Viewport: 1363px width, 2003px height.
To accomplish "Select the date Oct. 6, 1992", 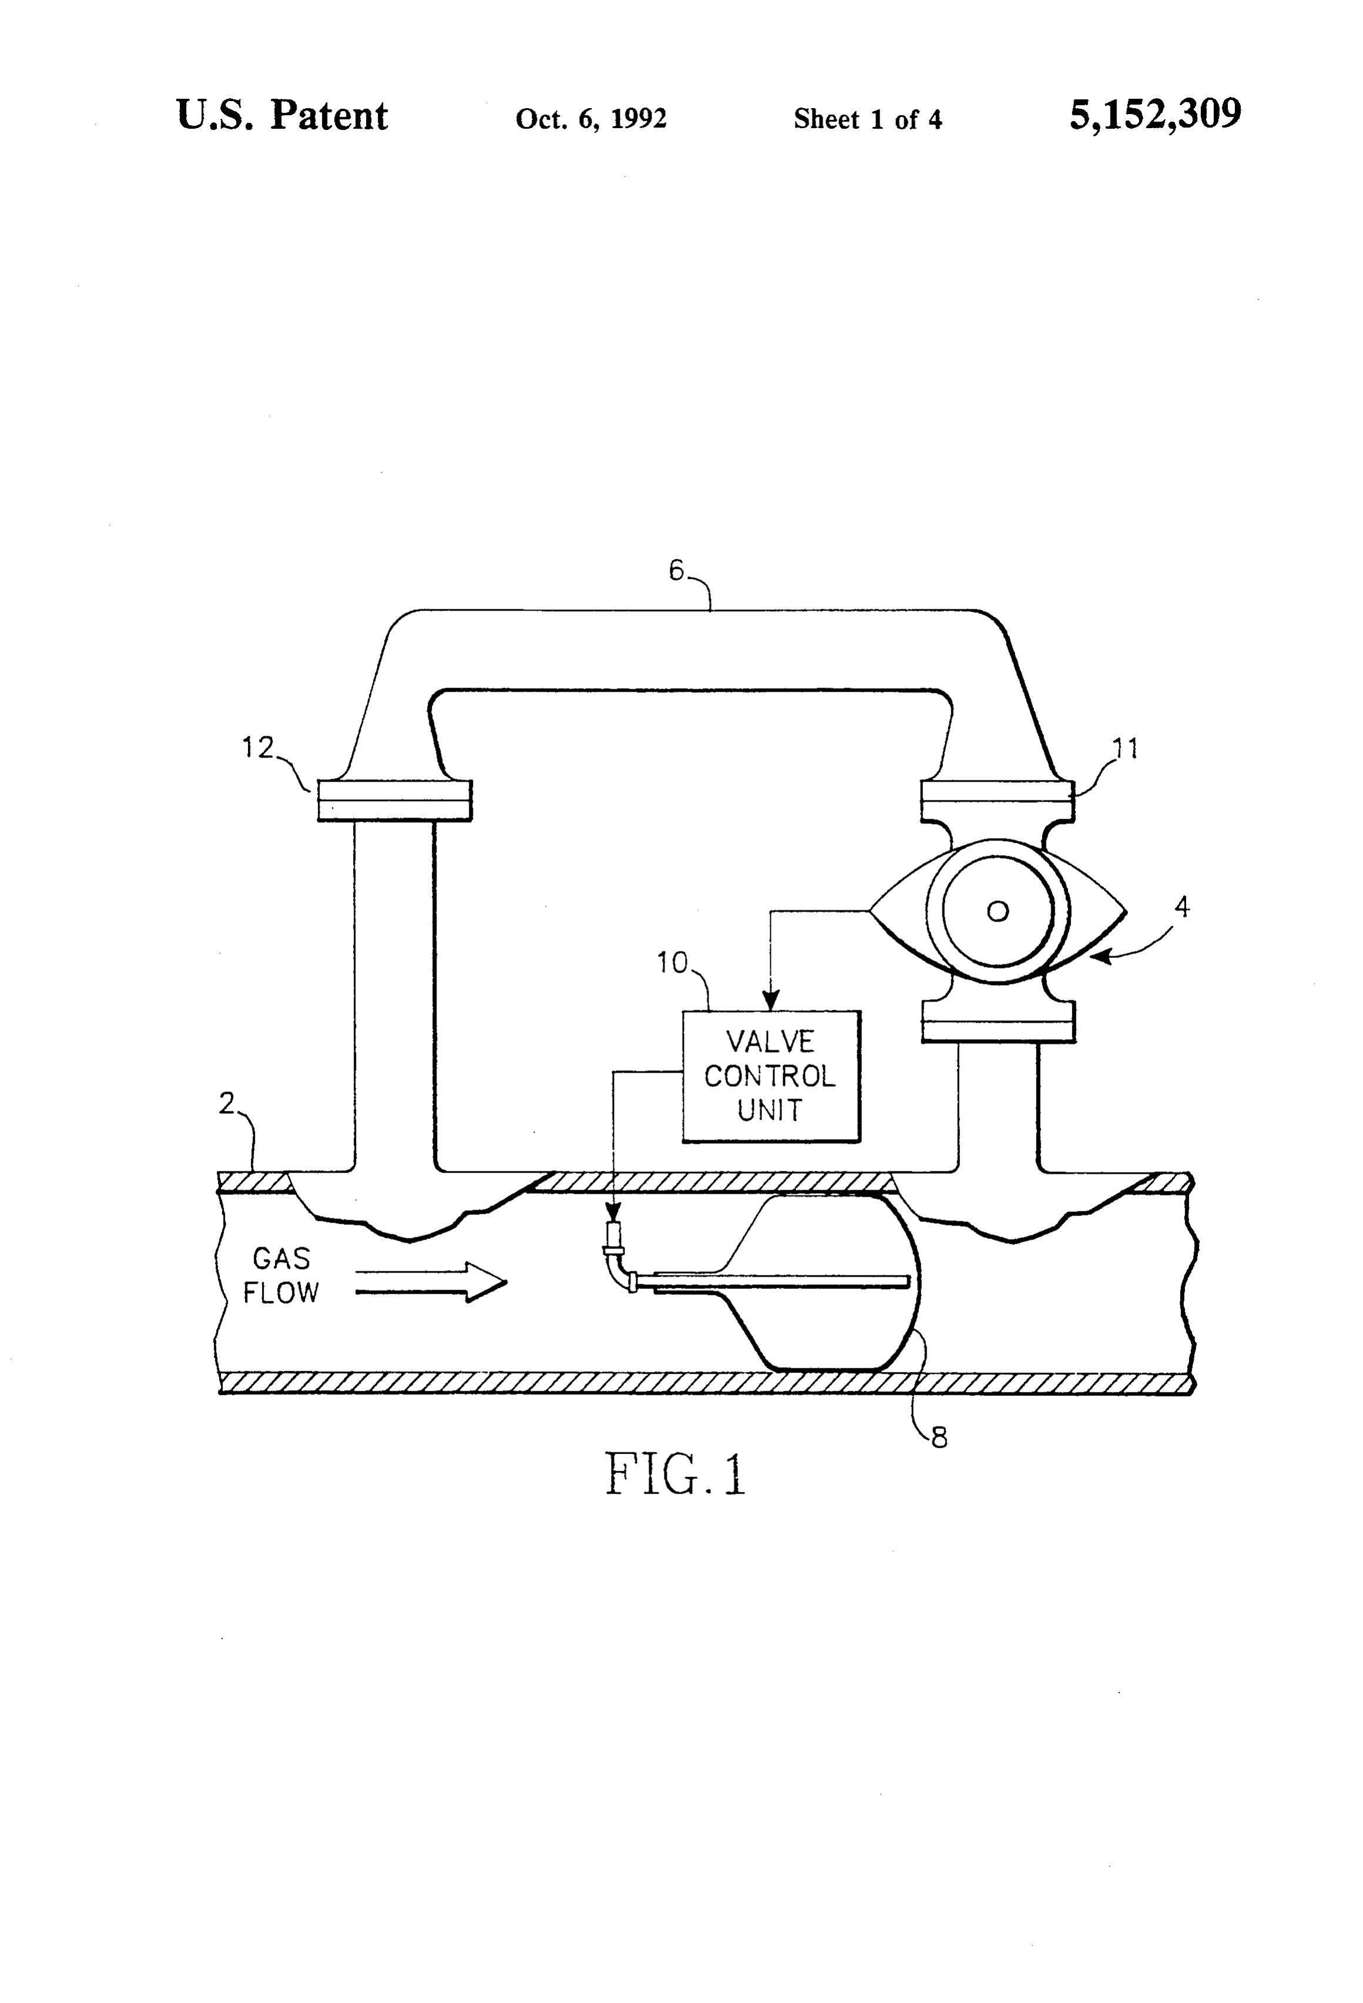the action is click(591, 119).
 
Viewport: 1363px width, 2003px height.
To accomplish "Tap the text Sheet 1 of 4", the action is click(868, 119).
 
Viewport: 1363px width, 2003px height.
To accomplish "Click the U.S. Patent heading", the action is click(282, 116).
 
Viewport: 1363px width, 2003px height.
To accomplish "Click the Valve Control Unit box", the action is click(771, 1077).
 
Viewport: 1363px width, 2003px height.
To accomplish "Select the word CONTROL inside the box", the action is click(770, 1077).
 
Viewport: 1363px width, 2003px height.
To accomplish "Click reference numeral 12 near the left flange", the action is click(257, 747).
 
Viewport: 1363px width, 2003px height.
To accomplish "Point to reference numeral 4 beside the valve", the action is click(1182, 907).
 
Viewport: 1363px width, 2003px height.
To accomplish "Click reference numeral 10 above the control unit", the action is click(672, 963).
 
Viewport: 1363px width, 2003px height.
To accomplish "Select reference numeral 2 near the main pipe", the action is click(227, 1103).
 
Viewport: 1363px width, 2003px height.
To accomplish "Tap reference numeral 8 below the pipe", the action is click(939, 1438).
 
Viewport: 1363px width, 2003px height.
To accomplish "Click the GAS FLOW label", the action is click(281, 1275).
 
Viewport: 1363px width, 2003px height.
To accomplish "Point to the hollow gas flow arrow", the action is click(431, 1282).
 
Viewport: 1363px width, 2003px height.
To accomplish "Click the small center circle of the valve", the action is click(998, 911).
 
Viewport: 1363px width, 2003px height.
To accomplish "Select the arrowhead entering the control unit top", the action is click(772, 1000).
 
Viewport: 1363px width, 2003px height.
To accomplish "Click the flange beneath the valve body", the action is click(998, 1021).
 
